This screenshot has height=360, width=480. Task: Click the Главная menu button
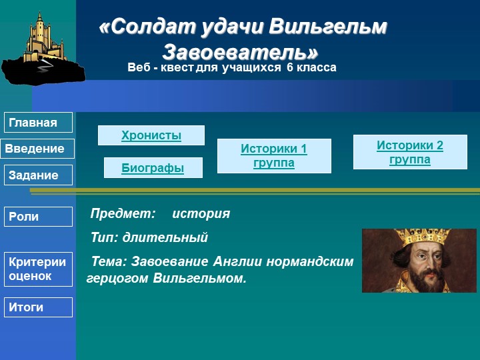(x=39, y=123)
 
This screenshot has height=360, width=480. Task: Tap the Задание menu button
(x=39, y=175)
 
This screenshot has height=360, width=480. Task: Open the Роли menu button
(x=39, y=217)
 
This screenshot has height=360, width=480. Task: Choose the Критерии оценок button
(x=39, y=269)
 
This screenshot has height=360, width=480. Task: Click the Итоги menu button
(x=39, y=307)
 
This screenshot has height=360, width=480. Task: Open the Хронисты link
(x=151, y=135)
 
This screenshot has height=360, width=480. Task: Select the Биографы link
(x=153, y=168)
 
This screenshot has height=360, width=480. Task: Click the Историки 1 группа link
(x=274, y=156)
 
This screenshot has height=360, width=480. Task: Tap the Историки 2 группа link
(x=410, y=152)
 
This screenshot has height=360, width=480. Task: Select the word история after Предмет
(x=201, y=214)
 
